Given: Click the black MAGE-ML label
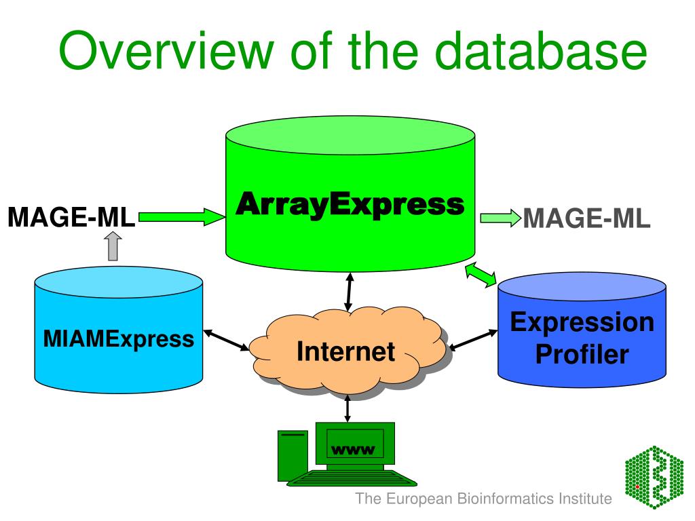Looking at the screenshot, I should click(x=71, y=218).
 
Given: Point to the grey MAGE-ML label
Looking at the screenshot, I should click(x=587, y=218).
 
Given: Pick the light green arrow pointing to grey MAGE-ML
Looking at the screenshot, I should click(x=500, y=218).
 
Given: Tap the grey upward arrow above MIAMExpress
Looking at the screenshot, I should click(x=113, y=246).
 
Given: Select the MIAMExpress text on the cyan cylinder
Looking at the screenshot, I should click(x=118, y=337).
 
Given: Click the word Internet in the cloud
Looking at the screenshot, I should click(x=346, y=351).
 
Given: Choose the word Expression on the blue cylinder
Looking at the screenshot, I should click(x=582, y=322).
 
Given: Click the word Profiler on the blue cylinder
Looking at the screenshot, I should click(x=582, y=354).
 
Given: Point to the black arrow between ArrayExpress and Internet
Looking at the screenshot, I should click(x=349, y=292).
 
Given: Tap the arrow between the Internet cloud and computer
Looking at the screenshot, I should click(x=347, y=408).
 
